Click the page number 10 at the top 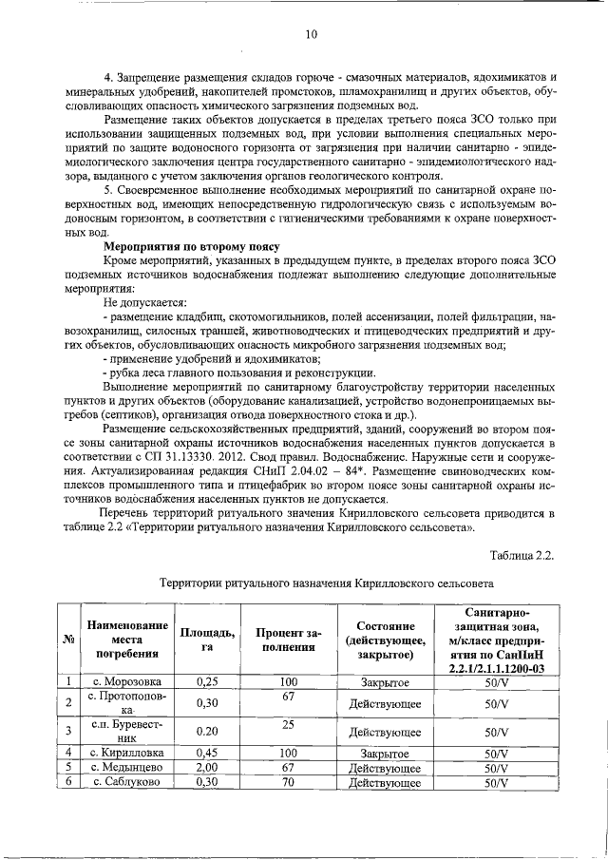pos(311,35)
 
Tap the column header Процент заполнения pos(288,639)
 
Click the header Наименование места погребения pos(126,639)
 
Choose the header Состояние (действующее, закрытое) pos(385,640)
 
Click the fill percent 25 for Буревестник pos(288,725)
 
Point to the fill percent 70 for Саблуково pos(288,781)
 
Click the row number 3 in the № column pos(69,732)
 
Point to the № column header pos(69,639)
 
